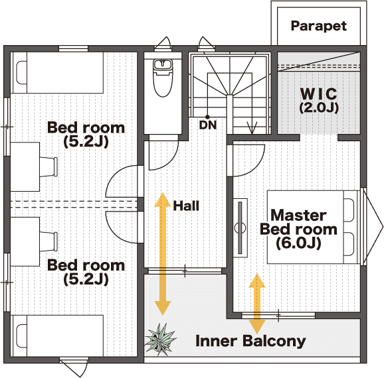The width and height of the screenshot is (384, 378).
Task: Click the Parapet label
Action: pos(319,26)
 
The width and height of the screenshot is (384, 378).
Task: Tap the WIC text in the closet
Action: pos(319,94)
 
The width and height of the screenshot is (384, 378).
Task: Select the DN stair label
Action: pos(208,125)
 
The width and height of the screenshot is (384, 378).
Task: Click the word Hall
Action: pos(186,206)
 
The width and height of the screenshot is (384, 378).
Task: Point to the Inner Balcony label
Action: pos(250,341)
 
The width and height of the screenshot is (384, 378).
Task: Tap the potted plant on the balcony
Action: pos(160,339)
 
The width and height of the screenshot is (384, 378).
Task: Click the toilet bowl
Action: pos(163,78)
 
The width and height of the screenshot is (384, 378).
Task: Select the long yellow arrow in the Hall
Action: pos(162,253)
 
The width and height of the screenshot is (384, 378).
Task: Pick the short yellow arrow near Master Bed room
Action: pos(257,304)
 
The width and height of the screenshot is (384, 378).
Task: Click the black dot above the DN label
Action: pos(207,117)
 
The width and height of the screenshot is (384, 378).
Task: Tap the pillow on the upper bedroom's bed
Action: pos(21,73)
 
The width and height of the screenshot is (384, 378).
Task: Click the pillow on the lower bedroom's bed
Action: pos(21,336)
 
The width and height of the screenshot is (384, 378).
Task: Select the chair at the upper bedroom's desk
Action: pos(48,166)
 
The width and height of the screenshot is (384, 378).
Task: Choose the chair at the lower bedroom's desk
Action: pos(48,241)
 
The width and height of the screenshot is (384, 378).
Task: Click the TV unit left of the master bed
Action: pos(240,227)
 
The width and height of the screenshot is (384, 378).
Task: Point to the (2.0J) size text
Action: pos(319,107)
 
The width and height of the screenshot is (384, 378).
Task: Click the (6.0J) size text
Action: pos(298,243)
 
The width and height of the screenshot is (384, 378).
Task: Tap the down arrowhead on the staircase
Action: pos(252,127)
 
